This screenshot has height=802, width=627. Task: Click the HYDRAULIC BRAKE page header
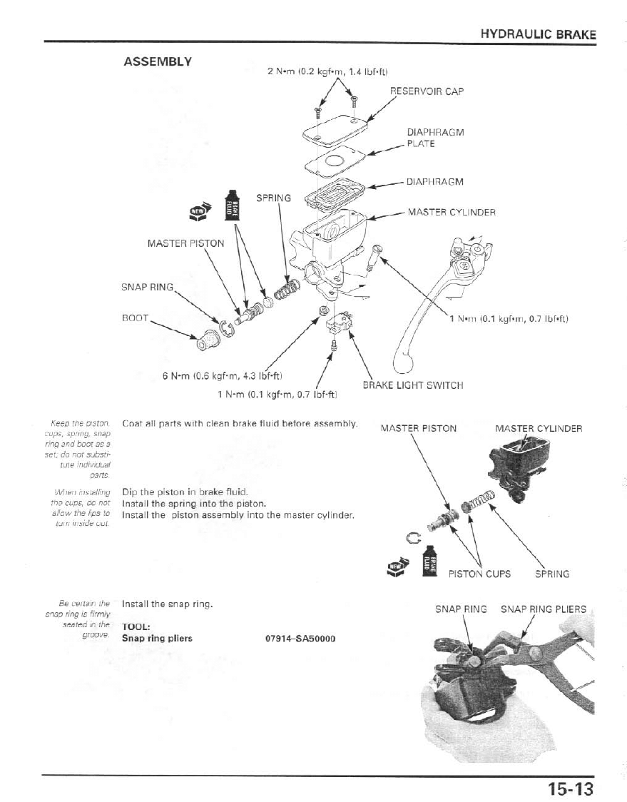pos(538,34)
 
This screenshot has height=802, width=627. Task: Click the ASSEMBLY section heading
pos(158,61)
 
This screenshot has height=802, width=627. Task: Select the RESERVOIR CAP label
pos(427,92)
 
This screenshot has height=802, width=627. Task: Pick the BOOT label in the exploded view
pos(135,318)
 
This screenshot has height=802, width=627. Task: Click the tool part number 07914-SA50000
pos(300,638)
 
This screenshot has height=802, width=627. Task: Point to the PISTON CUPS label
pos(479,574)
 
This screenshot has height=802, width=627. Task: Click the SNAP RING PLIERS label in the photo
pos(543,609)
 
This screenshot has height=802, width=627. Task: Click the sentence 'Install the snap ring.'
pos(168,604)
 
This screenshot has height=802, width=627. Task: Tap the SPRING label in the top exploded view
pos(274,198)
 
